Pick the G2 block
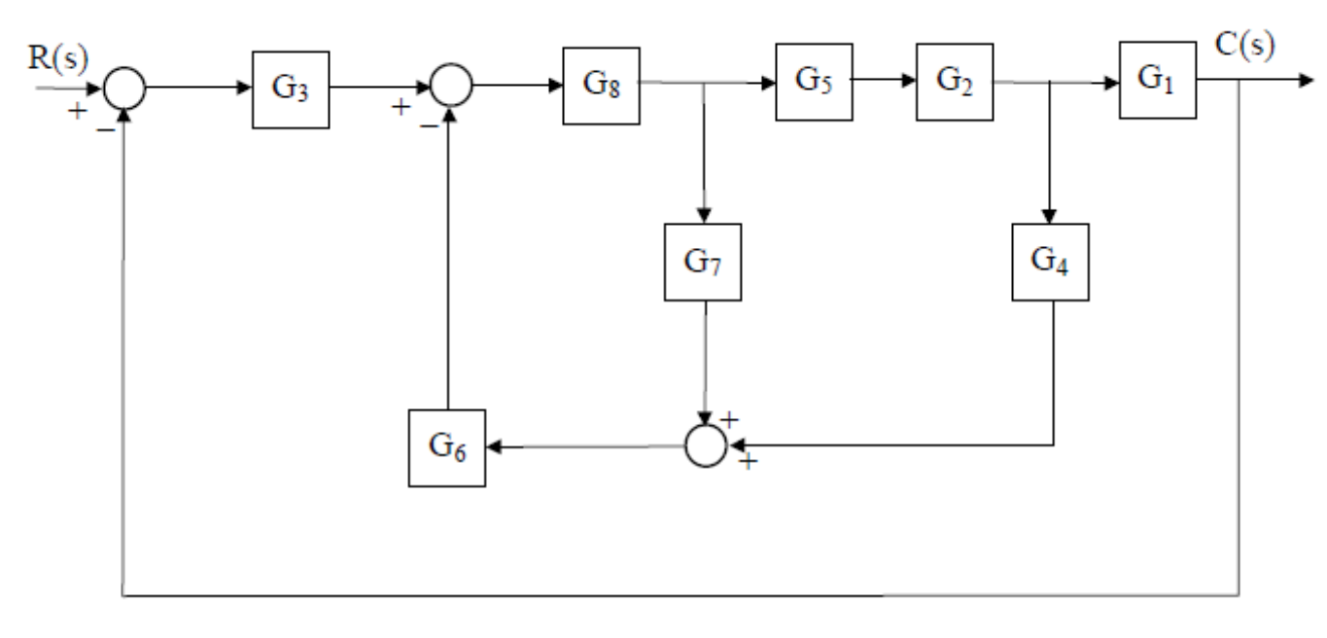click(954, 82)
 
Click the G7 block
click(705, 263)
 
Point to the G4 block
click(1051, 263)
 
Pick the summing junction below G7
click(706, 446)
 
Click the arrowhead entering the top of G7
click(705, 217)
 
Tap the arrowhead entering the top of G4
click(1051, 217)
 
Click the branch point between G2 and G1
click(1051, 83)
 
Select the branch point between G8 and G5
click(705, 83)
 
